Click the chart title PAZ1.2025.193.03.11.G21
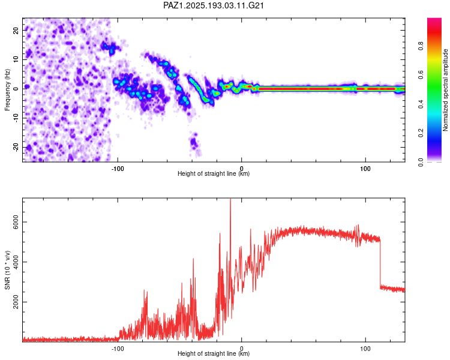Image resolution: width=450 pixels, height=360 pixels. (x=213, y=5)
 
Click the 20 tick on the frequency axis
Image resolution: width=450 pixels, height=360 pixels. (x=16, y=31)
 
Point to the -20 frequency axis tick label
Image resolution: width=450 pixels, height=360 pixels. (x=16, y=147)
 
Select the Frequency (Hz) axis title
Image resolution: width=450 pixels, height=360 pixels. (x=7, y=90)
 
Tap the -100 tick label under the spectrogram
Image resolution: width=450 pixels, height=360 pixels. (x=118, y=169)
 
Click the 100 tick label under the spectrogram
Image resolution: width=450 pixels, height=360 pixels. (x=365, y=169)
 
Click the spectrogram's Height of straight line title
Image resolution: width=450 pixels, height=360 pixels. (x=214, y=173)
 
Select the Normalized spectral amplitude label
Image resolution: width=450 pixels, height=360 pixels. (x=445, y=90)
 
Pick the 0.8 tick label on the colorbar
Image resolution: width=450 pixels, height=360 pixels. (x=421, y=46)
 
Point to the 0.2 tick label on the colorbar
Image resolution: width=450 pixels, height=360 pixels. (x=421, y=133)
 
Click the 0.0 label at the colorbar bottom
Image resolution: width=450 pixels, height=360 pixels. (x=421, y=162)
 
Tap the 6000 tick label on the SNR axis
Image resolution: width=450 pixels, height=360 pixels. (x=16, y=222)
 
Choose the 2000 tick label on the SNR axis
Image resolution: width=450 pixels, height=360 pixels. (x=16, y=302)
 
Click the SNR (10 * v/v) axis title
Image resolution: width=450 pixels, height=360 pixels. (x=7, y=270)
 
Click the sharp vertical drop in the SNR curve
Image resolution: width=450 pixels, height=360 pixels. (x=380, y=263)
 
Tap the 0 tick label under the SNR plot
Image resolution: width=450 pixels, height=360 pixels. (x=241, y=349)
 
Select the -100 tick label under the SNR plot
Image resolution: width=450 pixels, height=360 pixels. (x=118, y=349)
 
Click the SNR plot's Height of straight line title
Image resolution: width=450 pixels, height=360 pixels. (x=214, y=353)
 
